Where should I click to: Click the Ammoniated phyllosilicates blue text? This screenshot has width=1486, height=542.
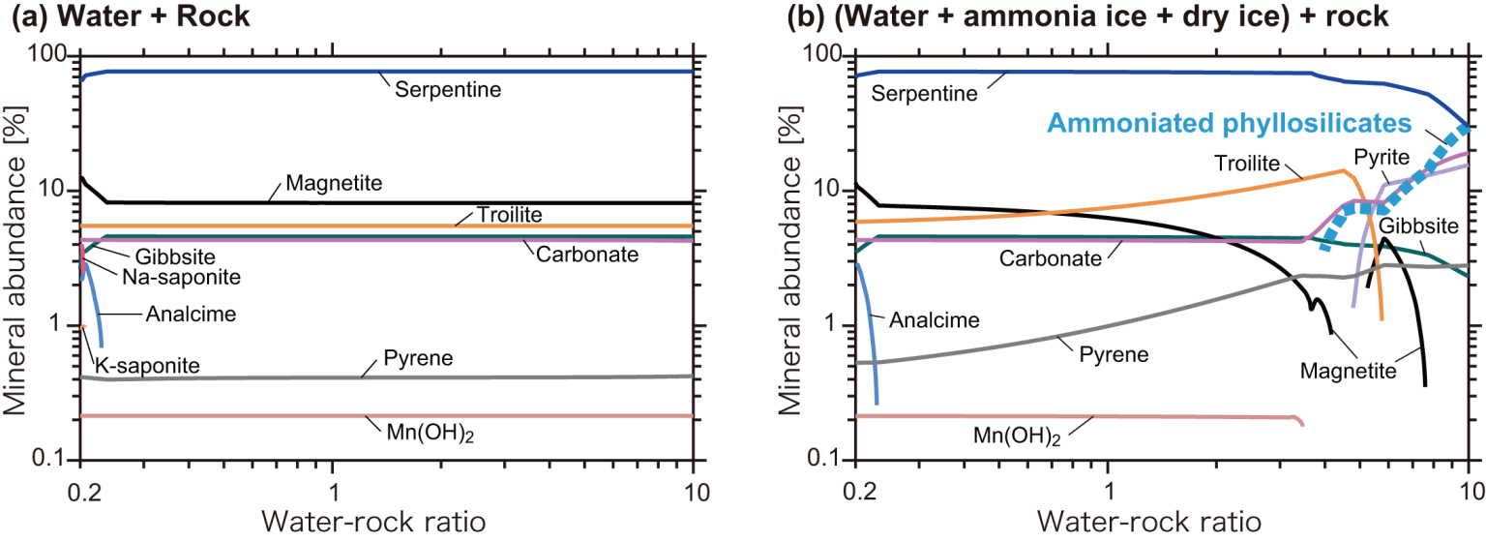pos(1229,123)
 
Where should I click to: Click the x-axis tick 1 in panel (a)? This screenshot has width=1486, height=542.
pos(334,481)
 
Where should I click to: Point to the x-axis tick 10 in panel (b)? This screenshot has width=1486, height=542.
pos(1468,481)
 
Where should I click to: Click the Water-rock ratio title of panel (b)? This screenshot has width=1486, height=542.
pos(1162,520)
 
